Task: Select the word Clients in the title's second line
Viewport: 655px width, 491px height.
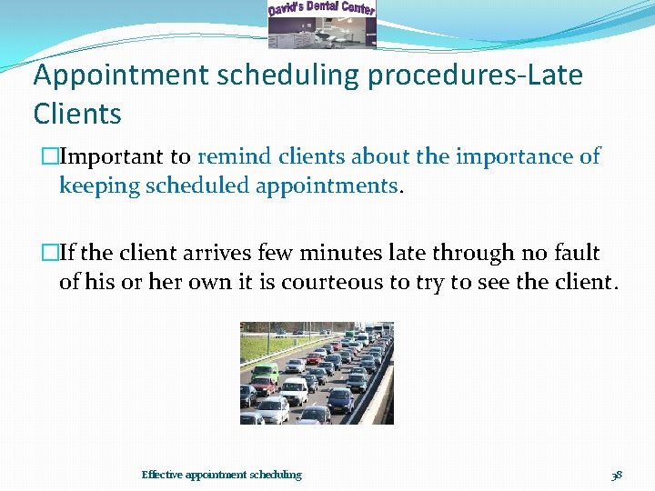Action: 77,115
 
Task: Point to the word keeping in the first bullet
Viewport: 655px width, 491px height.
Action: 96,186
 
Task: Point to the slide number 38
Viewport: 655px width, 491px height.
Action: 617,475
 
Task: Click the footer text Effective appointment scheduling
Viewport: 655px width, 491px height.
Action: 221,475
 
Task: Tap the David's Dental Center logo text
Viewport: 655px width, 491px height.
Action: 322,8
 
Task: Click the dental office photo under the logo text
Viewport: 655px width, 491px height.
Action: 322,33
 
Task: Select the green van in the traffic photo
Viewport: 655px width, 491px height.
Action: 265,373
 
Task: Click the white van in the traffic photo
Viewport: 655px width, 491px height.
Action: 293,391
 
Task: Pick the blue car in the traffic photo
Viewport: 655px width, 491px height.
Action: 339,399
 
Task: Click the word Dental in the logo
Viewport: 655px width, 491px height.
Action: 325,7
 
